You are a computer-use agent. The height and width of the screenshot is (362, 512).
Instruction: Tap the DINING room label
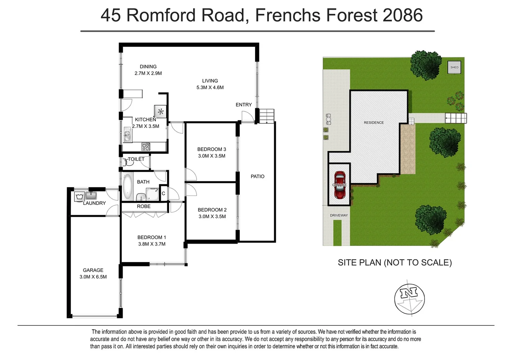coord(148,67)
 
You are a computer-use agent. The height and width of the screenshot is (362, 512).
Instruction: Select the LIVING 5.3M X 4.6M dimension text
coord(210,87)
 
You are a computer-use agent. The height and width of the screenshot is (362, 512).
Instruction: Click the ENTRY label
coord(244,105)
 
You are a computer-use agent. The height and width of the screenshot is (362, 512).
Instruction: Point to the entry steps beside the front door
coord(267,116)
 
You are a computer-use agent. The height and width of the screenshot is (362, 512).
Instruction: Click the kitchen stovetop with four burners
coord(146,146)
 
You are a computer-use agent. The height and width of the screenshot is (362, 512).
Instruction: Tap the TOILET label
coord(136,159)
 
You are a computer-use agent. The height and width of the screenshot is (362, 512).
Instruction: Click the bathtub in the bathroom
coord(128,186)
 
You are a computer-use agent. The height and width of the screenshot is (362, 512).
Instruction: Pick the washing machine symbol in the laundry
coord(79,197)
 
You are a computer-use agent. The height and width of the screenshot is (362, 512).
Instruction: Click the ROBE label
coord(144,206)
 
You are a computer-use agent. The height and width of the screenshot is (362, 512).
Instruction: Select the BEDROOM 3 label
coord(211,149)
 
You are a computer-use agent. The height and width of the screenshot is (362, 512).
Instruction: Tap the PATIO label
coord(257,176)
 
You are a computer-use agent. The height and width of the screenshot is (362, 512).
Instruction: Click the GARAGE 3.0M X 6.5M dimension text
coord(93,277)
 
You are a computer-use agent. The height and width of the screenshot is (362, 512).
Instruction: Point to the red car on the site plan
coord(340,185)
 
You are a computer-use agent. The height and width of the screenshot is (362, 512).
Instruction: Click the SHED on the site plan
coord(454,67)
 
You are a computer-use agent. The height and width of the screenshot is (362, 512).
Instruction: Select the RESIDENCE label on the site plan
coord(374,123)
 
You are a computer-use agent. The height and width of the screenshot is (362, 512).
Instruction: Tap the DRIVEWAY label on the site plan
coord(339,215)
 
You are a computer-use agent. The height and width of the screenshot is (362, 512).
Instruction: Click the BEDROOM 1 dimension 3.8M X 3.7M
coord(152,244)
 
